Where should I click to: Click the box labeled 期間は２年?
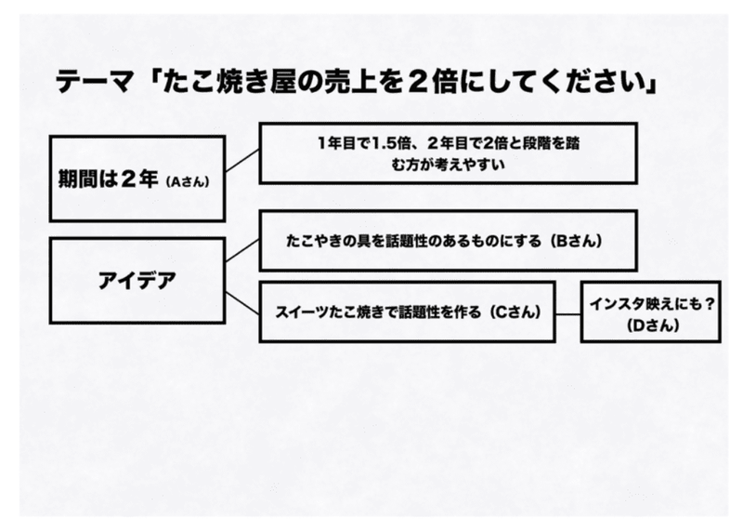[137, 179]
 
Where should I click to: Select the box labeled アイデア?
[137, 281]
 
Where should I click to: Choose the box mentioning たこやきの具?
[448, 240]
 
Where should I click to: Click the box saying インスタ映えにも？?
[650, 312]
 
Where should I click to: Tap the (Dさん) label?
[650, 326]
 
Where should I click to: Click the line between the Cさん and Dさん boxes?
[568, 313]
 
